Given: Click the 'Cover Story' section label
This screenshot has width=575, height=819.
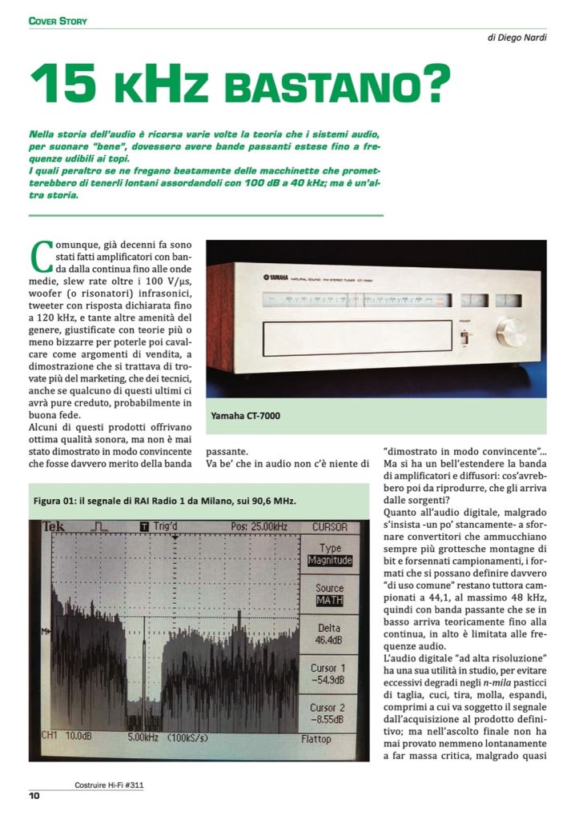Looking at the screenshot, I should (x=58, y=20).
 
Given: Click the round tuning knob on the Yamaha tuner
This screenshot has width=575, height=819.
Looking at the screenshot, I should (x=510, y=332).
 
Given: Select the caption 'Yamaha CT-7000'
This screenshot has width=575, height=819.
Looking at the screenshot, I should (x=246, y=416).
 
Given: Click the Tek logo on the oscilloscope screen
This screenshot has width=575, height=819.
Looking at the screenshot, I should (x=56, y=527).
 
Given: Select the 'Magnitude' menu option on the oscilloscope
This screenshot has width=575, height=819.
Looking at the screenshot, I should (x=330, y=560).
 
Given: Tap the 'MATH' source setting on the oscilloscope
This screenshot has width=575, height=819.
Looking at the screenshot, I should (x=330, y=600).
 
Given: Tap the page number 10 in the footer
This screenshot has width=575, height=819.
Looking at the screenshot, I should (x=34, y=795).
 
